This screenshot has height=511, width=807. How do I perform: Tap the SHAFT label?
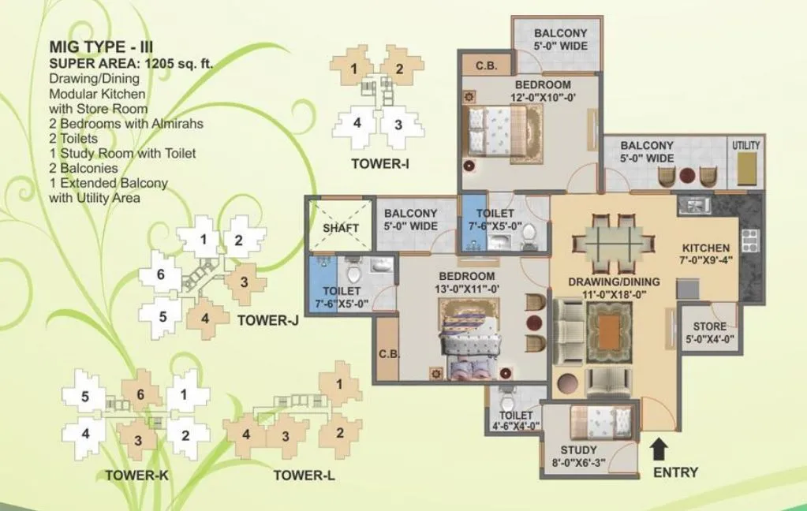pos(341,228)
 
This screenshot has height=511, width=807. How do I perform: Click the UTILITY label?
pos(745,145)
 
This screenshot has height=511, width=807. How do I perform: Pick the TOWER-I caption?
pos(380,163)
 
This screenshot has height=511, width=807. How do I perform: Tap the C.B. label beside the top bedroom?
pos(485,66)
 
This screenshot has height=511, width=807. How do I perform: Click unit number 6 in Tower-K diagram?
pos(140,394)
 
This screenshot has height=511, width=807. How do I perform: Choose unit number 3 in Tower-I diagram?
pos(398,125)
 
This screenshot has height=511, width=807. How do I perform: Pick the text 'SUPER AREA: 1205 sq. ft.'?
pos(131,64)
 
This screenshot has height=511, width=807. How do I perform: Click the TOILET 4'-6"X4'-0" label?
pos(517,420)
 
